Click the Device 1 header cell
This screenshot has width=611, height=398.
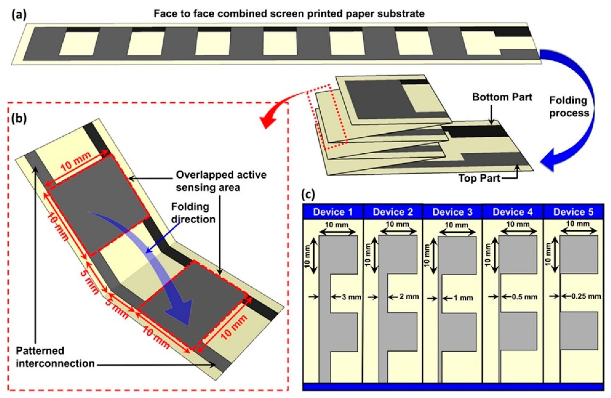click(333, 212)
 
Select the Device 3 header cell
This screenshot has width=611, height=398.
click(452, 212)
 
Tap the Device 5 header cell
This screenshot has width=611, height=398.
click(573, 212)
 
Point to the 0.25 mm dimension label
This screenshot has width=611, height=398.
click(586, 297)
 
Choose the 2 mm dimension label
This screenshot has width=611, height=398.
click(409, 297)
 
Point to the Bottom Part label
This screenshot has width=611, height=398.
click(502, 97)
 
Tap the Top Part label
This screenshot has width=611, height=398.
click(479, 178)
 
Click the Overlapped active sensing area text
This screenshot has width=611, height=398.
click(221, 181)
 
